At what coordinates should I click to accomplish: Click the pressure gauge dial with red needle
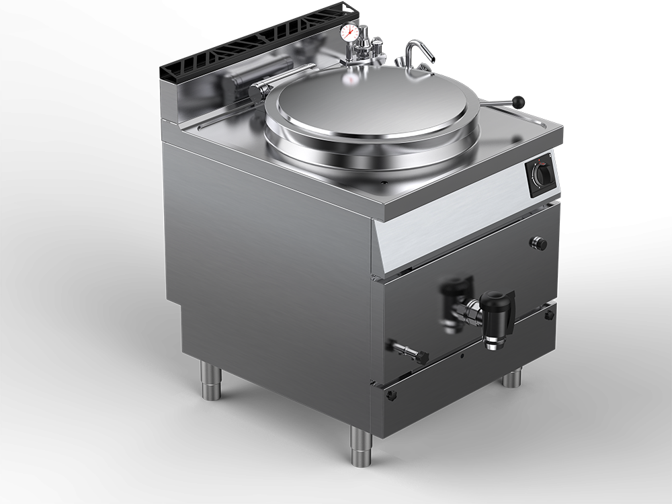click(349, 32)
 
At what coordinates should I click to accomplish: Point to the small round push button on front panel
click(539, 243)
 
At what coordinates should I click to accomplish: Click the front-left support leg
click(361, 447)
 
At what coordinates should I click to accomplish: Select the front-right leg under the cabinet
click(512, 377)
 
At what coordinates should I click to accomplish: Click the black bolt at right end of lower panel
click(550, 314)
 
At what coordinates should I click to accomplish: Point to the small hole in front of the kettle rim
click(386, 181)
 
